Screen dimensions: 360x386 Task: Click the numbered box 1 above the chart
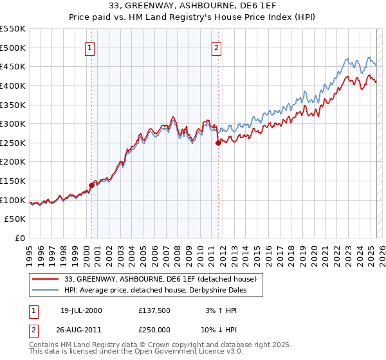tap(89, 47)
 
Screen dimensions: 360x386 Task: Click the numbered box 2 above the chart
tap(217, 47)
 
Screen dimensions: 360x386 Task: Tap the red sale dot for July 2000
tap(91, 185)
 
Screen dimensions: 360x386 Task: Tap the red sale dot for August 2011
tap(218, 143)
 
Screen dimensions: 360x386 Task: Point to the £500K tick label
tap(13, 48)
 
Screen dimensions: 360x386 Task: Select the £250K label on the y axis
tap(13, 143)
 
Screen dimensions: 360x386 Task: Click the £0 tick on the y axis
tap(19, 238)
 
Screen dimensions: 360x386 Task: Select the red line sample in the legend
tap(46, 279)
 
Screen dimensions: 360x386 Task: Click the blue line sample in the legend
tap(46, 290)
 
